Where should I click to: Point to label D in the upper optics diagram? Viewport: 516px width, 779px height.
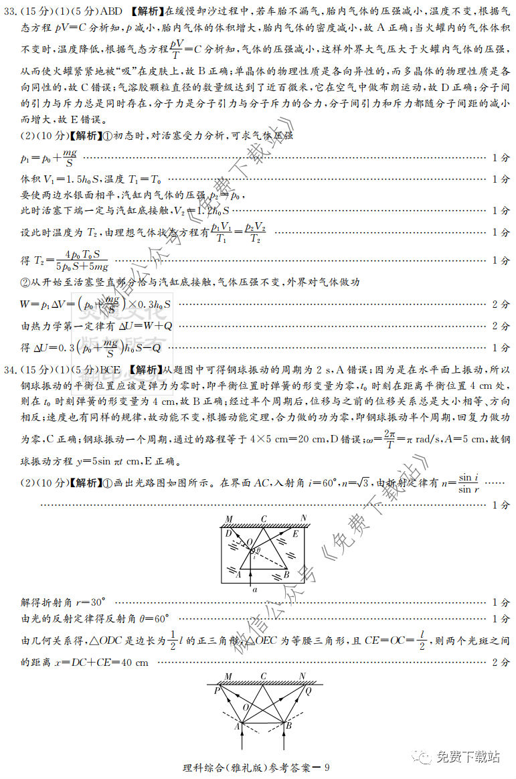228,533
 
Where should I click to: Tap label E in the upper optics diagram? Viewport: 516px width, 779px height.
295,533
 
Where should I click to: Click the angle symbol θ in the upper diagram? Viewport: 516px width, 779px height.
258,549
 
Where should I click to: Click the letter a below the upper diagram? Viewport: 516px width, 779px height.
254,590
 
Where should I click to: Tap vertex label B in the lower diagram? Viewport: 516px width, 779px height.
288,725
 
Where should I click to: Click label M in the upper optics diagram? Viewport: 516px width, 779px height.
228,519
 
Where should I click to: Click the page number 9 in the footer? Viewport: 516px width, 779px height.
327,768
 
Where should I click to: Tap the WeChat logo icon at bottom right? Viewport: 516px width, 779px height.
422,757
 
